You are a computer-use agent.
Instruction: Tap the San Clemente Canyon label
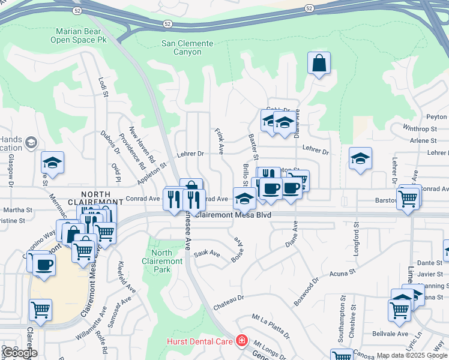[x=187, y=48]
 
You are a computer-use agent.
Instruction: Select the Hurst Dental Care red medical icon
[x=241, y=341]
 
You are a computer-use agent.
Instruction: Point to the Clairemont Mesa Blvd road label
[x=233, y=214]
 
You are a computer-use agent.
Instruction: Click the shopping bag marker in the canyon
[x=319, y=62]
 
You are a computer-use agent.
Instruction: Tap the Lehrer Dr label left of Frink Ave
[x=191, y=154]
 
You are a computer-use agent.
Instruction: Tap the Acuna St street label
[x=343, y=274]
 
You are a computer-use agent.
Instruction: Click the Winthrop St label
[x=420, y=129]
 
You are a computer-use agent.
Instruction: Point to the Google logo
[x=20, y=353]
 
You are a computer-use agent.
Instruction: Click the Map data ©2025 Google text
[x=411, y=356]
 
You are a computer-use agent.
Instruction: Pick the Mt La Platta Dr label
[x=271, y=323]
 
